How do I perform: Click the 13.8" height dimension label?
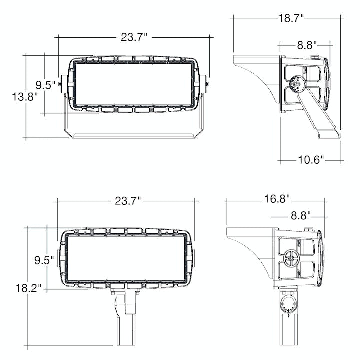(25, 96)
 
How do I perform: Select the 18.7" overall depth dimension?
(291, 18)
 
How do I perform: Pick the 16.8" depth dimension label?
(277, 199)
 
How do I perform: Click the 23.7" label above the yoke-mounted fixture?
(134, 36)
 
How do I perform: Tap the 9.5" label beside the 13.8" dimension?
(45, 85)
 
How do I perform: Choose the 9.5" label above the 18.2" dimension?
(44, 260)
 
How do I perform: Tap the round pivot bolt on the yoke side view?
(296, 84)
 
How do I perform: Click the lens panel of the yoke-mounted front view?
(134, 83)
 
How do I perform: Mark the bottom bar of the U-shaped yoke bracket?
(134, 135)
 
